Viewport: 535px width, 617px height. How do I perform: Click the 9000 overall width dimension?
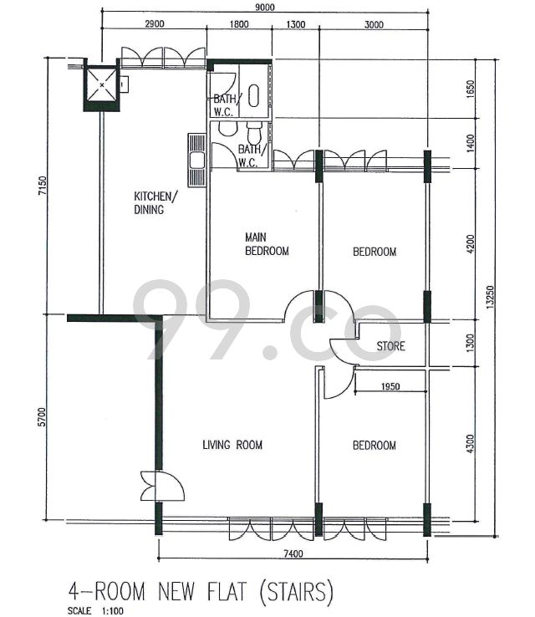[x=265, y=7]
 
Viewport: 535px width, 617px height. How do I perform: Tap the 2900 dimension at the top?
[x=155, y=24]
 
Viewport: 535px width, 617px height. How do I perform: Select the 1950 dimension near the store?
[x=390, y=386]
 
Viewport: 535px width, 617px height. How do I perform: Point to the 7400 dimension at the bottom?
[x=293, y=553]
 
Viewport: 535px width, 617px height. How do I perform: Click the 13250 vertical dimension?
[x=490, y=297]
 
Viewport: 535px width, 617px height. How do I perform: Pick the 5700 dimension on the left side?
[x=42, y=417]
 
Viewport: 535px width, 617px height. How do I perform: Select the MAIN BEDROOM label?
[x=267, y=244]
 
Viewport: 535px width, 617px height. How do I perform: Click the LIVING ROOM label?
[x=232, y=445]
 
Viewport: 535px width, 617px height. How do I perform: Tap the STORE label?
[x=390, y=346]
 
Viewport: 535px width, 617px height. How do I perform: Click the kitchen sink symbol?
[x=196, y=161]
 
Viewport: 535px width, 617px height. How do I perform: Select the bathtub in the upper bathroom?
[x=254, y=95]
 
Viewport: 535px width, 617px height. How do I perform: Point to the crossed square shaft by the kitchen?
[x=102, y=85]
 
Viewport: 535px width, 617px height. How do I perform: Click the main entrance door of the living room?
[x=162, y=486]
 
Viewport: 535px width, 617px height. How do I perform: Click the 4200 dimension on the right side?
[x=471, y=244]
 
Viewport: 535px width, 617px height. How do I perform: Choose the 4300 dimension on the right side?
[x=471, y=444]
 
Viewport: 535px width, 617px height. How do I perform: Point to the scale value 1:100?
[x=113, y=611]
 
